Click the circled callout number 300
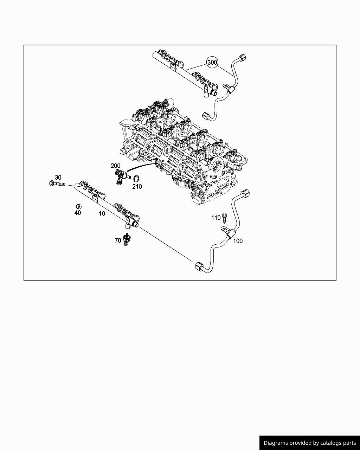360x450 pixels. coord(212,63)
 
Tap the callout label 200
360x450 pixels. coord(115,166)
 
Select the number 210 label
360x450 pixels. coord(137,187)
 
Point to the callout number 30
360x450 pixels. coord(58,178)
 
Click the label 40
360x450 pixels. coord(78,213)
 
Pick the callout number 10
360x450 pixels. coord(102,213)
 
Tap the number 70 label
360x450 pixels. coord(118,240)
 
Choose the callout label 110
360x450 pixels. coord(216,218)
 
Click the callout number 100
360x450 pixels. coord(238,241)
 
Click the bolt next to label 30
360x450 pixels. coord(57,184)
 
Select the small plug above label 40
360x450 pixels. coord(78,206)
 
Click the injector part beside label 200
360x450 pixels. coord(121,176)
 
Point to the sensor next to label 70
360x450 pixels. coord(127,239)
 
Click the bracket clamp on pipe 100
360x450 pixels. coord(229,233)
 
